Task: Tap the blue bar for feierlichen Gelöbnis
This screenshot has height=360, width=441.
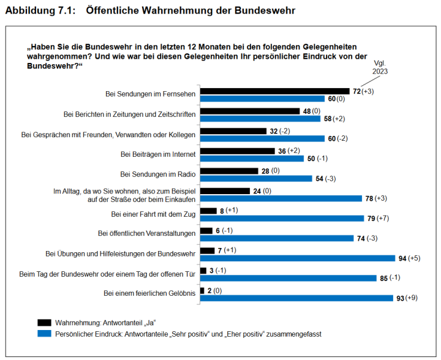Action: click(296, 298)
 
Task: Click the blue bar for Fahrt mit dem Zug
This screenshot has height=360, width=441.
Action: click(282, 218)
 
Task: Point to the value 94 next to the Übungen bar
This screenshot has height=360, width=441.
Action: click(402, 258)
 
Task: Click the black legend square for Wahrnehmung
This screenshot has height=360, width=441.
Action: click(44, 323)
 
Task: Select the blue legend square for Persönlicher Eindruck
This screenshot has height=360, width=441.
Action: click(44, 334)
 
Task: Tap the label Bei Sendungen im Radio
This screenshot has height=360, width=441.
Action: click(158, 173)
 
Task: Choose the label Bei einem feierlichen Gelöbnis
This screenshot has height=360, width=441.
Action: click(149, 293)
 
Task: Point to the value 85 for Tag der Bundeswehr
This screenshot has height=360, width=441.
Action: click(383, 278)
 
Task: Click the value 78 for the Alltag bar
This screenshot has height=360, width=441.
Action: click(369, 198)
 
